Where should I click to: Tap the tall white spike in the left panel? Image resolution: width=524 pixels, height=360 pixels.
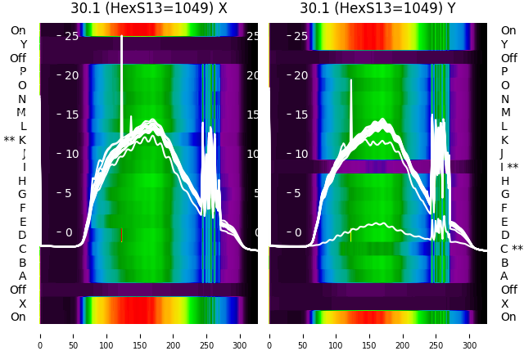click(x=122, y=74)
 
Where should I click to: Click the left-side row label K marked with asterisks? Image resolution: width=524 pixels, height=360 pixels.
click(x=16, y=140)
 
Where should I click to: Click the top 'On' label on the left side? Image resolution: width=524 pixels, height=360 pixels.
click(x=18, y=30)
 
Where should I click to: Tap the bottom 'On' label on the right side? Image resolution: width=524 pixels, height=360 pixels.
click(x=508, y=317)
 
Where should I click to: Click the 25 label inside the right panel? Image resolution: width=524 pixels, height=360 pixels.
click(x=300, y=36)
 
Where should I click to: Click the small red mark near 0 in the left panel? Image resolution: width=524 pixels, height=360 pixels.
click(x=121, y=235)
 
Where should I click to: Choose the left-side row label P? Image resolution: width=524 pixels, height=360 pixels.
click(x=22, y=71)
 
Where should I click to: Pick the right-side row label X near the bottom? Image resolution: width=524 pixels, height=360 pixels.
click(x=504, y=304)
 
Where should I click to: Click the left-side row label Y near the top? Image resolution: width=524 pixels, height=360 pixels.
click(x=23, y=44)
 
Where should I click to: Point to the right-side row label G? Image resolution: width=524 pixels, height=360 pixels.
click(x=504, y=194)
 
